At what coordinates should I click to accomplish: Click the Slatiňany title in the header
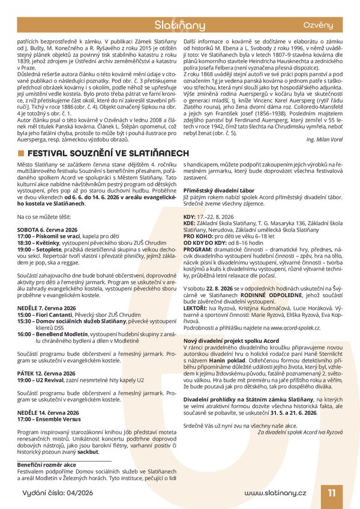(180, 26)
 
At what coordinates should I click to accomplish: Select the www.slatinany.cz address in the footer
(275, 493)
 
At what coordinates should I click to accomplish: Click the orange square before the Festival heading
(20, 152)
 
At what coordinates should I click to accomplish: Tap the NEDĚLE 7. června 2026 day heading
(47, 308)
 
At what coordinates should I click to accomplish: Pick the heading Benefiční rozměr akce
(47, 465)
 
